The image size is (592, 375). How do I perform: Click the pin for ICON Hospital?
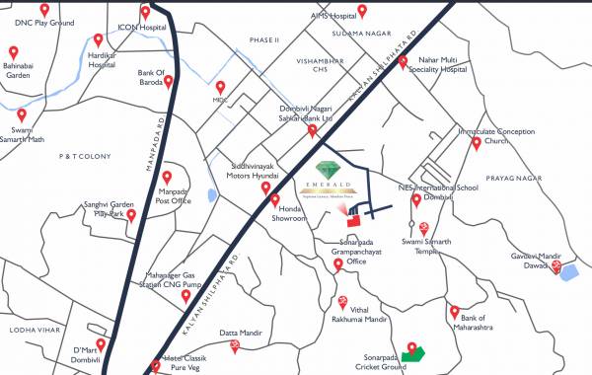(x=146, y=14)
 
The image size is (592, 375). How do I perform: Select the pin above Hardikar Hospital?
(x=98, y=40)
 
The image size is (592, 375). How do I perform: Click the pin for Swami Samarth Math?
(x=22, y=115)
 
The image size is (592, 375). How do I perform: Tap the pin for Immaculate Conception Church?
(x=477, y=143)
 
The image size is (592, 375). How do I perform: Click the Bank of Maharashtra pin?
(x=455, y=313)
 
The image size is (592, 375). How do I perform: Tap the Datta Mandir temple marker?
(x=235, y=346)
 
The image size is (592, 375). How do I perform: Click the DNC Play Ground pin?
(x=44, y=10)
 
